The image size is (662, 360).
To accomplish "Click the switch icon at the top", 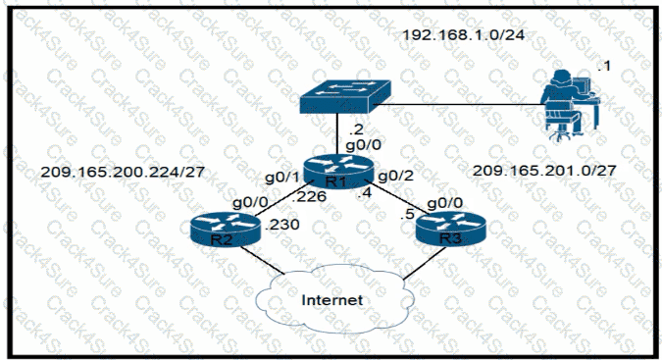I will coord(343,95).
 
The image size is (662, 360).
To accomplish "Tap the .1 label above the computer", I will coord(601,66).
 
